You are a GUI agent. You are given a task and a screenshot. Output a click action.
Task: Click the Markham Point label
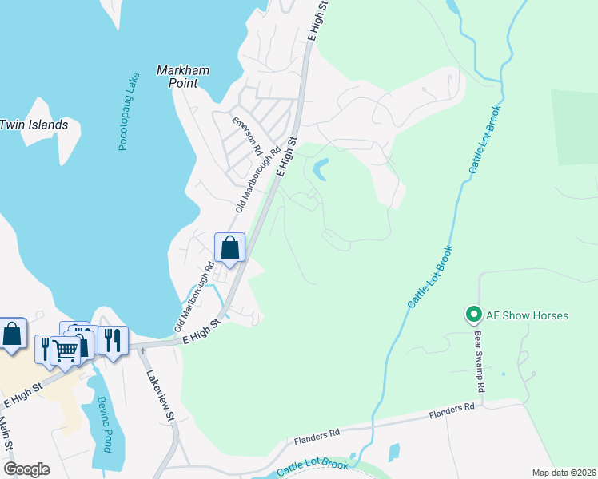pyautogui.click(x=183, y=77)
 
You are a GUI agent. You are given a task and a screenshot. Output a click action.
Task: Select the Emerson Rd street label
pyautogui.click(x=247, y=137)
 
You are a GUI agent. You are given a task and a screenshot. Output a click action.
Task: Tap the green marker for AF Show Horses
pyautogui.click(x=472, y=315)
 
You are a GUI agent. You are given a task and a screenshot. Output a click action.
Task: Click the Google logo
pyautogui.click(x=26, y=469)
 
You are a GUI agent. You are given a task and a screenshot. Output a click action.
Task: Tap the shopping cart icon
pyautogui.click(x=66, y=350)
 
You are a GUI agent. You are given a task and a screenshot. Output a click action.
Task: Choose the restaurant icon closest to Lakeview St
pyautogui.click(x=114, y=340)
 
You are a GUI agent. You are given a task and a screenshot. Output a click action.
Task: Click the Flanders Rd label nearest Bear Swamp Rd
pyautogui.click(x=452, y=410)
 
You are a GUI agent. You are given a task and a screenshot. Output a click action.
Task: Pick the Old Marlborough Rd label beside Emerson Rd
pyautogui.click(x=259, y=179)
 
